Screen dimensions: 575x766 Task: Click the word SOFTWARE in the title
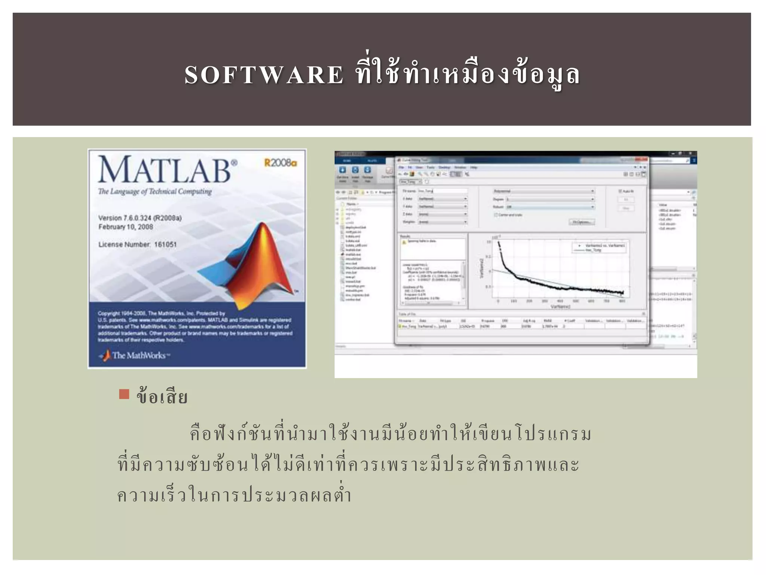(x=264, y=74)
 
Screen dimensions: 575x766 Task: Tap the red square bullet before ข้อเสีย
(x=124, y=394)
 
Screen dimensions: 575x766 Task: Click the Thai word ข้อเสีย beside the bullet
(x=162, y=397)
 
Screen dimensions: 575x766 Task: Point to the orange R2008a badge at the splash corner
(x=281, y=163)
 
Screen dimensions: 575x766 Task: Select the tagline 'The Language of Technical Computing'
(x=155, y=192)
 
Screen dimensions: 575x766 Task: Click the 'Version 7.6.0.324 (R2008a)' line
(x=140, y=218)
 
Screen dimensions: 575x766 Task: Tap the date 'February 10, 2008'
(x=126, y=227)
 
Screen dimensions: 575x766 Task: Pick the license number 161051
(x=165, y=244)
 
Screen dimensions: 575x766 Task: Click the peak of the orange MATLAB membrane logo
(x=263, y=225)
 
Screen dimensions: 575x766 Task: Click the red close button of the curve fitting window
(x=643, y=160)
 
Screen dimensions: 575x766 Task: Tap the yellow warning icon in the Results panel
(x=404, y=242)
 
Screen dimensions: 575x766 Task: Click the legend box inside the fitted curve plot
(x=598, y=247)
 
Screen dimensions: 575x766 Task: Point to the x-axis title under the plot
(x=560, y=307)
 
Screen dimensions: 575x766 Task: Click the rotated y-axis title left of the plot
(x=482, y=268)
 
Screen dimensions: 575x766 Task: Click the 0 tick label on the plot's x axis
(x=498, y=301)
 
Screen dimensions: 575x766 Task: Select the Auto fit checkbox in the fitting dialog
(x=620, y=191)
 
